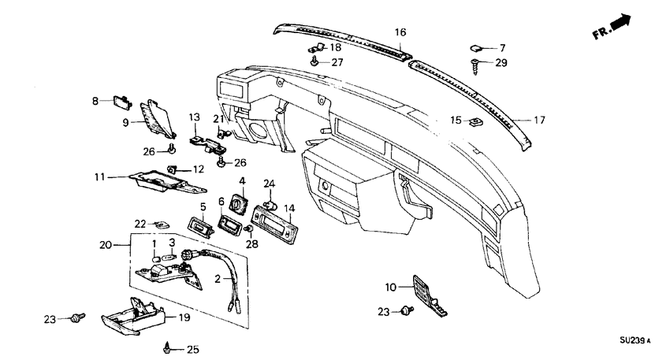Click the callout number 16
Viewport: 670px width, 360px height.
pyautogui.click(x=400, y=32)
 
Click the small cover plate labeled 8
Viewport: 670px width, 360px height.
pyautogui.click(x=121, y=101)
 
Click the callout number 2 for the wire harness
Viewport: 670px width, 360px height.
pyautogui.click(x=218, y=278)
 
